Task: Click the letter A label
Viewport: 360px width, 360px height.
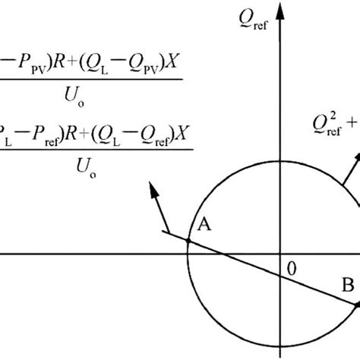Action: point(203,226)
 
